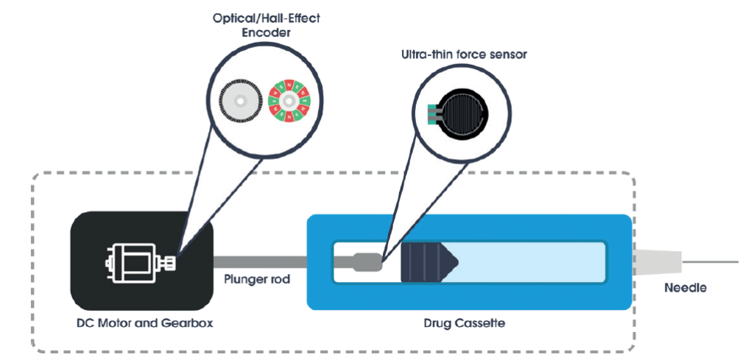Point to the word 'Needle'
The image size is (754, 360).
(685, 288)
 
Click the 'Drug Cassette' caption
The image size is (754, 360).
(469, 322)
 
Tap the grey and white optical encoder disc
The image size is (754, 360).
(240, 101)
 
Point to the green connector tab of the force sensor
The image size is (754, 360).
(433, 115)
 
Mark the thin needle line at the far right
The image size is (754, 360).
(711, 261)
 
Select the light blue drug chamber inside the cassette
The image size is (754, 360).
(530, 261)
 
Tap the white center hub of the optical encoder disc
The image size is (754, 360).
(240, 101)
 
